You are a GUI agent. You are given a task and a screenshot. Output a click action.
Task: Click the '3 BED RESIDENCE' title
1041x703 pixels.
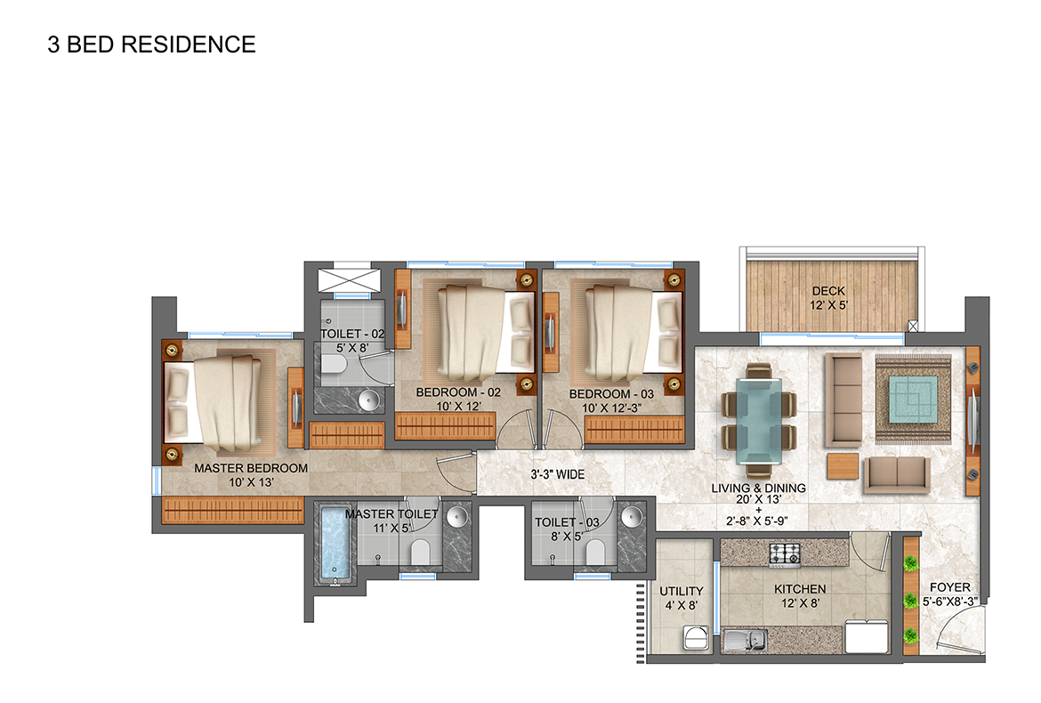click(x=151, y=44)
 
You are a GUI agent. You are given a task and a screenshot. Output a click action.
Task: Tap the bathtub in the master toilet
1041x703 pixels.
click(x=335, y=544)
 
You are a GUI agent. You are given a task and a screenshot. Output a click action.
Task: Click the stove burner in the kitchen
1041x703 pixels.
click(x=786, y=553)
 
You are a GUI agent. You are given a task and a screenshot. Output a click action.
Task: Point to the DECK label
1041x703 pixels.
click(x=828, y=291)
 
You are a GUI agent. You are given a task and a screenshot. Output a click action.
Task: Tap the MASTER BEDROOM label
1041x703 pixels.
click(x=251, y=468)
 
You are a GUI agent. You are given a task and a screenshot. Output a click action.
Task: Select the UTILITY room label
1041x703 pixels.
click(x=682, y=591)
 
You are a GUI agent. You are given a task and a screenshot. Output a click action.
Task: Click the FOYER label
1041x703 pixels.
click(x=949, y=587)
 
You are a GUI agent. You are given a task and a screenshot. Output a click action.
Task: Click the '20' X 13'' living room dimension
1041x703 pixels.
click(x=758, y=500)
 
